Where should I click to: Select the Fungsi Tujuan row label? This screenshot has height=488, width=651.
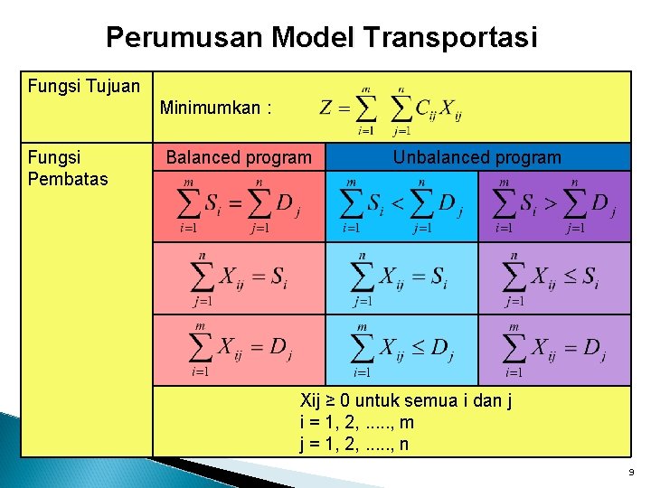[84, 87]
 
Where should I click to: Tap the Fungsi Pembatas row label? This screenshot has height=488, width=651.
[68, 167]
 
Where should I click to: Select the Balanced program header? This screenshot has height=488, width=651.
[239, 158]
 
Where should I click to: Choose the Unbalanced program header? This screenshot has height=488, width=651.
[476, 157]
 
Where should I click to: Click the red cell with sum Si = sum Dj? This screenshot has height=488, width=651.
[239, 206]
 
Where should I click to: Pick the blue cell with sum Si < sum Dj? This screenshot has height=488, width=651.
[401, 206]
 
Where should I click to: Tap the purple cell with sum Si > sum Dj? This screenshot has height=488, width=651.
[553, 206]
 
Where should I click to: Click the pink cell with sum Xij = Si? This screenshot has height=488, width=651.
[239, 278]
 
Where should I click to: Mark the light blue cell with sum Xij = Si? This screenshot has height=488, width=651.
[401, 278]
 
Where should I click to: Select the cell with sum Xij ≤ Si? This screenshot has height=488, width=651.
[553, 278]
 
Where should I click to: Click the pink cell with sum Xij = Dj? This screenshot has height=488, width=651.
[239, 350]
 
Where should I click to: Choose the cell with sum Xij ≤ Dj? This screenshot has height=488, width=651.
[401, 350]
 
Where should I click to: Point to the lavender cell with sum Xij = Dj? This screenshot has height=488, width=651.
[553, 350]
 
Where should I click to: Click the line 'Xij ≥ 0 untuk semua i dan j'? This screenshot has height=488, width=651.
[405, 401]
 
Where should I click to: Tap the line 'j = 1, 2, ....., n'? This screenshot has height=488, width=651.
[354, 444]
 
